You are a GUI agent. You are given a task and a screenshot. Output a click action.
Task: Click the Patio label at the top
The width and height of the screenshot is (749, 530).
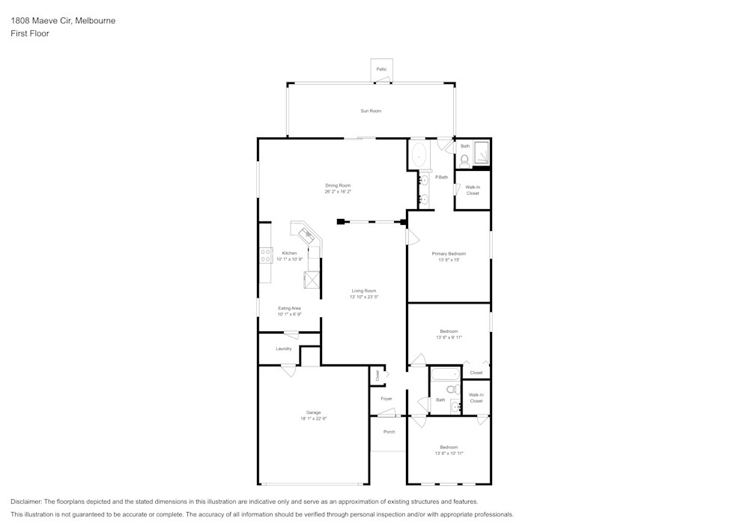pyautogui.click(x=381, y=69)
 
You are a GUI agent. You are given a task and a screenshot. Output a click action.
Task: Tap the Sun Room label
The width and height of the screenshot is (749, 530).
pyautogui.click(x=371, y=111)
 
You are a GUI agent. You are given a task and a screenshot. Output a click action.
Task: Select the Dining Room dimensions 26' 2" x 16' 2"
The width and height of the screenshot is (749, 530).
pyautogui.click(x=338, y=192)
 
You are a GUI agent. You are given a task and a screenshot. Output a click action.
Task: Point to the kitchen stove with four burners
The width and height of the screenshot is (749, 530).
pyautogui.click(x=265, y=255)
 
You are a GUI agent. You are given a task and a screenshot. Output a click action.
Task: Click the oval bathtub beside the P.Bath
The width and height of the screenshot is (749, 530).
pyautogui.click(x=418, y=157)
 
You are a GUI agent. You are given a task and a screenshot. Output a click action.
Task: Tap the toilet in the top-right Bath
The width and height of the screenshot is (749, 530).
pyautogui.click(x=464, y=159)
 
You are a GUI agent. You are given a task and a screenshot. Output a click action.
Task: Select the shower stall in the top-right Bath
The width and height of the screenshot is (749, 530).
pyautogui.click(x=482, y=153)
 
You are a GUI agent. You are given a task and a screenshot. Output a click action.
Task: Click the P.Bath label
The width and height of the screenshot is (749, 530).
pyautogui.click(x=441, y=177)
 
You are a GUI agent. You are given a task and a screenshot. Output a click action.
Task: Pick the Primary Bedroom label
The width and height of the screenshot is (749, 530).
pyautogui.click(x=449, y=254)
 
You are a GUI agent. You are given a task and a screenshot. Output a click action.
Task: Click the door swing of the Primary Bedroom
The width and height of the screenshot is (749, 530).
pyautogui.click(x=412, y=236)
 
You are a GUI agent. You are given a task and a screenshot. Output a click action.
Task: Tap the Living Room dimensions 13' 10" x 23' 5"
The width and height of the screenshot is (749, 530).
pyautogui.click(x=364, y=297)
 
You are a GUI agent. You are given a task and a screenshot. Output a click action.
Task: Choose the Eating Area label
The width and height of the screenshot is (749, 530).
pyautogui.click(x=289, y=308)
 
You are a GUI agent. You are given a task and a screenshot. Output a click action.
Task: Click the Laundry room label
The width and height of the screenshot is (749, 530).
pyautogui.click(x=283, y=349)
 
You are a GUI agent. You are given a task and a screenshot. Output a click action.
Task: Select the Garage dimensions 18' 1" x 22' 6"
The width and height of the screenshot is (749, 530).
pyautogui.click(x=313, y=418)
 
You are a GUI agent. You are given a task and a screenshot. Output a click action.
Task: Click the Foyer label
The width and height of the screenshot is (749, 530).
pyautogui.click(x=386, y=399)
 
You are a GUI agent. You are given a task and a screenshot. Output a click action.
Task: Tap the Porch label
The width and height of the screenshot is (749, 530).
pyautogui.click(x=389, y=432)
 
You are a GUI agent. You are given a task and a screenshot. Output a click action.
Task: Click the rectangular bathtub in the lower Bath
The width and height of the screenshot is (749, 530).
pyautogui.click(x=444, y=373)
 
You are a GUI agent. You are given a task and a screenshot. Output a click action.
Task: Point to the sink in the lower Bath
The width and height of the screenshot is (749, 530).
pyautogui.click(x=455, y=406)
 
